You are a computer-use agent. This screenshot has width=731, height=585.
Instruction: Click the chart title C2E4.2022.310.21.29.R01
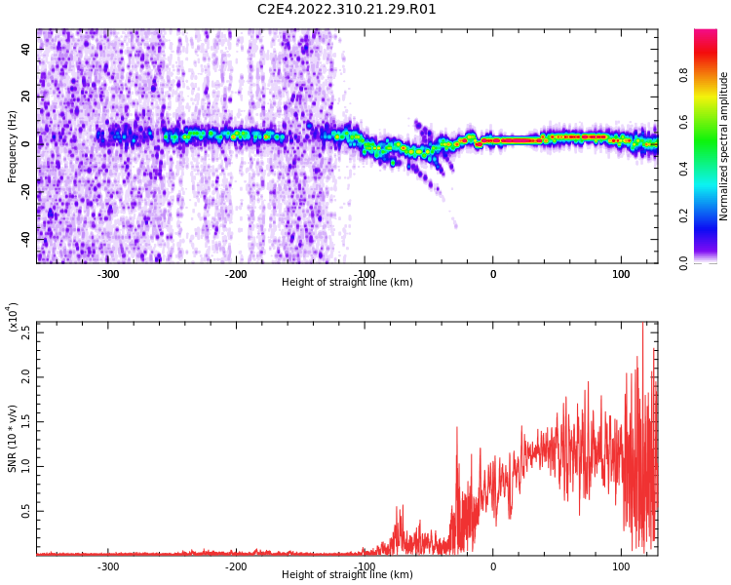tap(347, 10)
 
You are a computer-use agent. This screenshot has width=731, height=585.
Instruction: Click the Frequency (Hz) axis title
tap(12, 146)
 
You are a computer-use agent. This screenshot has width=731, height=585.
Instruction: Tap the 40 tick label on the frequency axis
tap(25, 49)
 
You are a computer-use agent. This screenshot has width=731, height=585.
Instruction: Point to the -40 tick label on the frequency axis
tap(25, 238)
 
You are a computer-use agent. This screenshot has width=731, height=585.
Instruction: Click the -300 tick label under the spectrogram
tap(108, 274)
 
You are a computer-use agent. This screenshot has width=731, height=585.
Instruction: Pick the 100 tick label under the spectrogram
tap(621, 274)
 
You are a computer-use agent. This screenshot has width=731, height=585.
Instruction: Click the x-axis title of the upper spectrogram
tap(347, 282)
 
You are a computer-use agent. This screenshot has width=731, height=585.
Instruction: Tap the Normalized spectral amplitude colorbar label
tap(723, 146)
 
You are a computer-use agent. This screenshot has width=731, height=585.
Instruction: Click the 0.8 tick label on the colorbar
tap(683, 75)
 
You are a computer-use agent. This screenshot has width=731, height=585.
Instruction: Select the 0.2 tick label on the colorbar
tap(683, 215)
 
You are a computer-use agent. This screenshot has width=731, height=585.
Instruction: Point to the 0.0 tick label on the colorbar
tap(683, 263)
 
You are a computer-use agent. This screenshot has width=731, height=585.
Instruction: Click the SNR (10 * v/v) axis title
tap(12, 438)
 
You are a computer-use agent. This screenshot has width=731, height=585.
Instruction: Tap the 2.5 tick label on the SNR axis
tap(25, 332)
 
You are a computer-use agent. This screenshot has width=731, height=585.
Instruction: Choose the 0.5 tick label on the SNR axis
tap(25, 511)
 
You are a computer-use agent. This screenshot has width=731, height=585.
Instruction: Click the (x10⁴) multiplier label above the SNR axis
tap(13, 317)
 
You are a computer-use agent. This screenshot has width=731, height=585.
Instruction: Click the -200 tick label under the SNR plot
tap(236, 566)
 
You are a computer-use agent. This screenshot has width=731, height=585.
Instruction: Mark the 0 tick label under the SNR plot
tap(493, 566)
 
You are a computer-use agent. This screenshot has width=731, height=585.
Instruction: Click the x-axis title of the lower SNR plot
tap(347, 574)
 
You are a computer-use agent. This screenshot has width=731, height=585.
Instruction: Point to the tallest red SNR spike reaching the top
tap(643, 324)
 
